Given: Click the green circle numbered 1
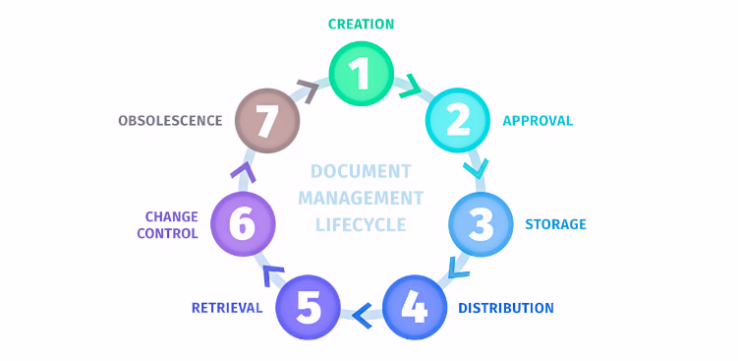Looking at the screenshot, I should pyautogui.click(x=361, y=75).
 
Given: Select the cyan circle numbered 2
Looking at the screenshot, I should pyautogui.click(x=457, y=120).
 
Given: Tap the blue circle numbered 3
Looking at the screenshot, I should pyautogui.click(x=481, y=223).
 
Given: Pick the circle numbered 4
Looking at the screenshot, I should pyautogui.click(x=414, y=308).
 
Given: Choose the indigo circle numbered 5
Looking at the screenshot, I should pyautogui.click(x=309, y=308).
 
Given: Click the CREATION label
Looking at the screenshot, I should pyautogui.click(x=361, y=24).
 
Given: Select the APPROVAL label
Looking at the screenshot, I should pyautogui.click(x=538, y=121).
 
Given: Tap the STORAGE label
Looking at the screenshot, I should pyautogui.click(x=555, y=224).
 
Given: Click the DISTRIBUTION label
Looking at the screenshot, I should pyautogui.click(x=505, y=308).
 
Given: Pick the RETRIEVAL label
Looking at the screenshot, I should pyautogui.click(x=227, y=308).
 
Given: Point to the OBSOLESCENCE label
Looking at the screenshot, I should pyautogui.click(x=170, y=121).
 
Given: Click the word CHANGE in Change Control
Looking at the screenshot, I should pyautogui.click(x=171, y=216).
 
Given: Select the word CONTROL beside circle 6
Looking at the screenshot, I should pyautogui.click(x=167, y=234).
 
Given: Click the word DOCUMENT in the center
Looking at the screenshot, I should pyautogui.click(x=361, y=171).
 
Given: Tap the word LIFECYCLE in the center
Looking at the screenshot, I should pyautogui.click(x=361, y=225).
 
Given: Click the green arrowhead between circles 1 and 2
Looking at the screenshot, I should pyautogui.click(x=410, y=87).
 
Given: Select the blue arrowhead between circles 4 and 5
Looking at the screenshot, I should pyautogui.click(x=361, y=315).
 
